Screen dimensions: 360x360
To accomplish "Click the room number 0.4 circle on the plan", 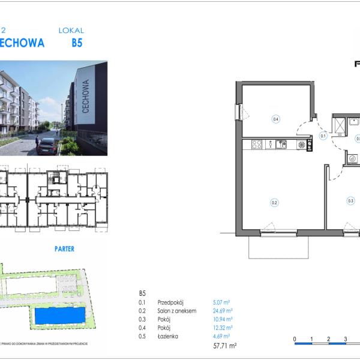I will [276, 119].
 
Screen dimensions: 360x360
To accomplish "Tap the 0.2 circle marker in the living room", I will [274, 202].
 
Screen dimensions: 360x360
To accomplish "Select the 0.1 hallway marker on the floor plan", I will [323, 136].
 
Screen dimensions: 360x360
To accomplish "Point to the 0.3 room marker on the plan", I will [350, 201].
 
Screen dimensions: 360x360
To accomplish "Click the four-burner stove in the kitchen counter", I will [257, 144].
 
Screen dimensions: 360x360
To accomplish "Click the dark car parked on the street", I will [47, 146].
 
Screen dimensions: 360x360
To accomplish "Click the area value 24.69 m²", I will [222, 311].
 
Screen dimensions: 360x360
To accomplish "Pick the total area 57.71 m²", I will [225, 346].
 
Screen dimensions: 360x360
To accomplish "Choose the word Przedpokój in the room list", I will [170, 302].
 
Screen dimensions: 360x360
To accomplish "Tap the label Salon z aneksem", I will [176, 311].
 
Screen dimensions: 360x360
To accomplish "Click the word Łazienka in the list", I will [168, 337].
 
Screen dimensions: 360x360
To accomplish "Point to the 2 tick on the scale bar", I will [329, 340].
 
